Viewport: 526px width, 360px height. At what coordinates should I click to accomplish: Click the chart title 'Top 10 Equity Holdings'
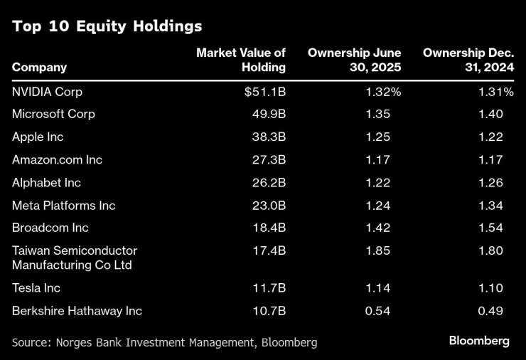click(x=107, y=27)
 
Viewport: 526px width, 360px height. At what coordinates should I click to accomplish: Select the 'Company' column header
click(x=39, y=68)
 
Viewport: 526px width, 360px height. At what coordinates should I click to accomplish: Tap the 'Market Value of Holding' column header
click(x=241, y=60)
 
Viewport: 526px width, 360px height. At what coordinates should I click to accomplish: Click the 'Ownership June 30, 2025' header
click(x=354, y=60)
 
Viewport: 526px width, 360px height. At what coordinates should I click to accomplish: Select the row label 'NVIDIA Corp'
click(x=47, y=92)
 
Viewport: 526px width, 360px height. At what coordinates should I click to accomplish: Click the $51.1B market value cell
click(x=264, y=92)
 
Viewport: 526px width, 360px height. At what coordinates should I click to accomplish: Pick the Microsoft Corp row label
click(x=53, y=114)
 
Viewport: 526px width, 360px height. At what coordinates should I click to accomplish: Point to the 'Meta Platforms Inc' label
click(x=63, y=206)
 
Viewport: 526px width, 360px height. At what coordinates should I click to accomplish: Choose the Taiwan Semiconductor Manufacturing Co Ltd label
click(x=75, y=258)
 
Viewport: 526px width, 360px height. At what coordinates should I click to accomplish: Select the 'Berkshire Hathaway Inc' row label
click(x=77, y=311)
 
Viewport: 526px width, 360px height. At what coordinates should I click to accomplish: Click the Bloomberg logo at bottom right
click(x=478, y=341)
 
